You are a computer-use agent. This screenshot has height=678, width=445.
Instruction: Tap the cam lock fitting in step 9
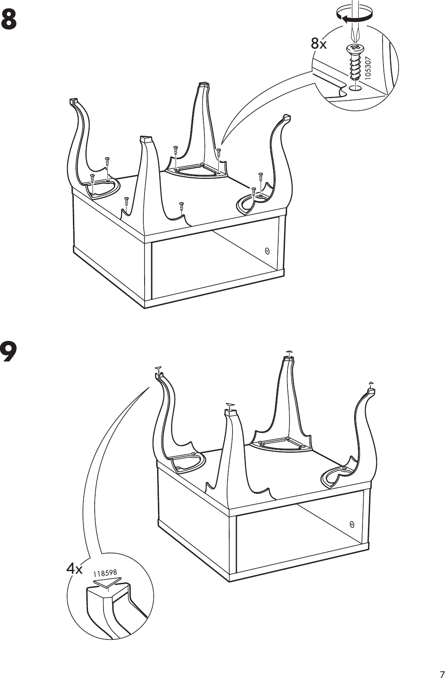(352, 525)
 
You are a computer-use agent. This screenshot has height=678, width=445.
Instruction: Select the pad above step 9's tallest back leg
(288, 351)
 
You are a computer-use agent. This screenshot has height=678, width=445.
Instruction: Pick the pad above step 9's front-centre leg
(230, 404)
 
